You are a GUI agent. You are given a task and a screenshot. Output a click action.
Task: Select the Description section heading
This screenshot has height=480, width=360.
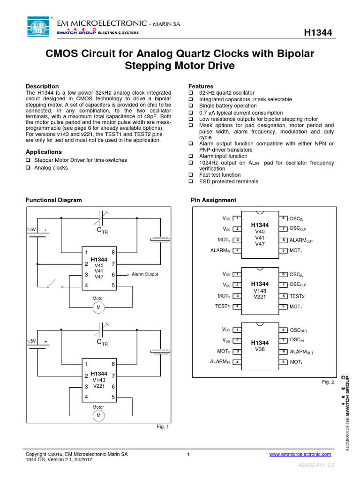(42, 86)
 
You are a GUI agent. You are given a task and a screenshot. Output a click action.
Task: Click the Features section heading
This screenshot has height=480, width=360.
(201, 86)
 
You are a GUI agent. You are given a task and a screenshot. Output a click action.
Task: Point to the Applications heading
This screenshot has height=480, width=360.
(44, 152)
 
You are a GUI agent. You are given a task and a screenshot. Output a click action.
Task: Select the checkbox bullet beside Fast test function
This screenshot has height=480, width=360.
(191, 175)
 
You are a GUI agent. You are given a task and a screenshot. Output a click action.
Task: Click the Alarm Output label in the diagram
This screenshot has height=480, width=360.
(145, 274)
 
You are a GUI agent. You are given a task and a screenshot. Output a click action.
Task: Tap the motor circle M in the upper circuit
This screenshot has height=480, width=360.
(98, 307)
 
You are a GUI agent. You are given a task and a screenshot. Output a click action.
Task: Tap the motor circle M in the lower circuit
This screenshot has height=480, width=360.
(98, 416)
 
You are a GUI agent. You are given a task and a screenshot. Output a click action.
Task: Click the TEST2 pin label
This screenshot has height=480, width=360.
(297, 296)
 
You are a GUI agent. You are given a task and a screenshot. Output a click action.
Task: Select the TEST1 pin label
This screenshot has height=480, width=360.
(223, 306)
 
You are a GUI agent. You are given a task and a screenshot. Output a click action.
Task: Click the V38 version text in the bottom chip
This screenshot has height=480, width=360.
(259, 349)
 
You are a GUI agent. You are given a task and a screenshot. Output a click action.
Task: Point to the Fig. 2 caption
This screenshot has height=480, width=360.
(328, 382)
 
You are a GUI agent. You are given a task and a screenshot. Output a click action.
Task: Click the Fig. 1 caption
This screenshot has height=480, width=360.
(162, 427)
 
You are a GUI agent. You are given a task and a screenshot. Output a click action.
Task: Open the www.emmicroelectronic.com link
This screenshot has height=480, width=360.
(300, 454)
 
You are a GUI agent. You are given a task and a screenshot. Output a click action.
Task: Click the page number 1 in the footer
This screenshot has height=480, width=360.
(188, 454)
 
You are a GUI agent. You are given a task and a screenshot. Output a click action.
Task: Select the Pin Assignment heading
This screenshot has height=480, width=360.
(213, 200)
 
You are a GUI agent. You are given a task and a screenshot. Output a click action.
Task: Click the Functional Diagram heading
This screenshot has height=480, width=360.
(53, 200)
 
